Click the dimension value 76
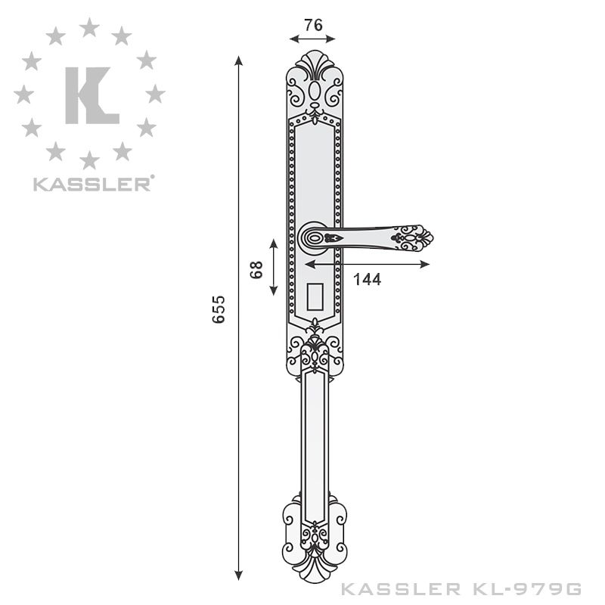(x=313, y=25)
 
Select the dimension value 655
(x=219, y=309)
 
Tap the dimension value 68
(x=256, y=268)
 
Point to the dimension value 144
(x=367, y=279)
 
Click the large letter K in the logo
(x=91, y=95)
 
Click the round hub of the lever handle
(x=313, y=238)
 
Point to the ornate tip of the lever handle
(x=414, y=237)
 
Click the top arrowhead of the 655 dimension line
(x=239, y=60)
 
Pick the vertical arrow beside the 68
(x=274, y=268)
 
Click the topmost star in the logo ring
(x=89, y=27)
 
